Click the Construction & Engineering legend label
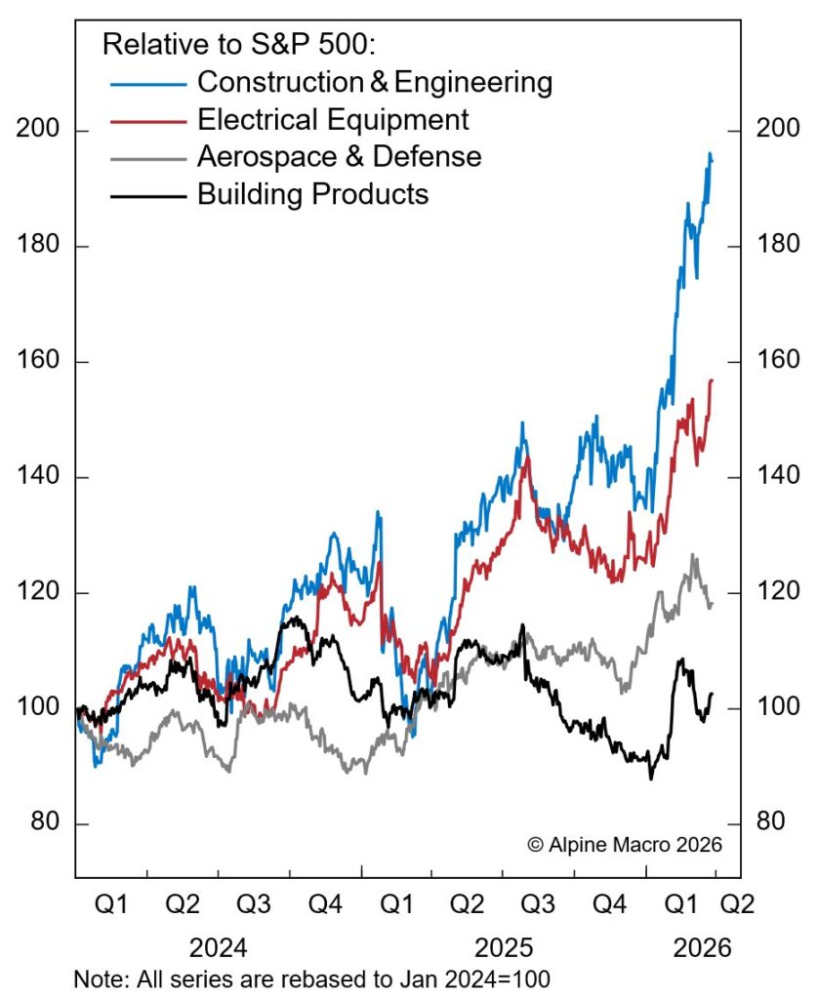(x=375, y=82)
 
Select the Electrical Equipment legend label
(x=333, y=120)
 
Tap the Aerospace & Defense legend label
(x=339, y=156)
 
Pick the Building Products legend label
(x=312, y=193)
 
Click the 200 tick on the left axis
(x=38, y=131)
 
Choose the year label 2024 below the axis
(x=218, y=947)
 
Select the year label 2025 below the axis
(x=504, y=947)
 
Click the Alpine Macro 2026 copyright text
(x=625, y=844)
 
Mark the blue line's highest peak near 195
(x=710, y=153)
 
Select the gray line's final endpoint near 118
(x=712, y=605)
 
